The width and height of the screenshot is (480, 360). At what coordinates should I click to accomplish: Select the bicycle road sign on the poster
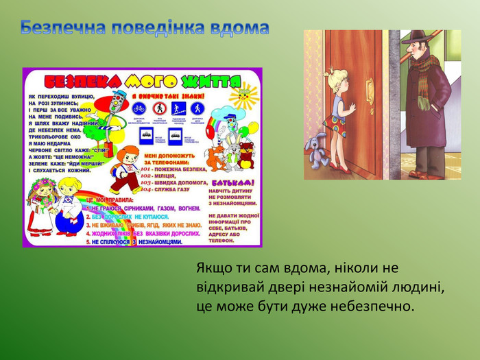pyautogui.click(x=139, y=108)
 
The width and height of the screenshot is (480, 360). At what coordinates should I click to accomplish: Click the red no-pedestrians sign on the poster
pyautogui.click(x=159, y=108)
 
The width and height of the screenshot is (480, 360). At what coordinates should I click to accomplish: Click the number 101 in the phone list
pyautogui.click(x=145, y=167)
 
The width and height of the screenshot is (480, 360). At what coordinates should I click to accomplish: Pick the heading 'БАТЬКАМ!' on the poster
pyautogui.click(x=233, y=183)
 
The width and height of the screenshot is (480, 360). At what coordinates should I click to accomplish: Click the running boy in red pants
pyautogui.click(x=125, y=170)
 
